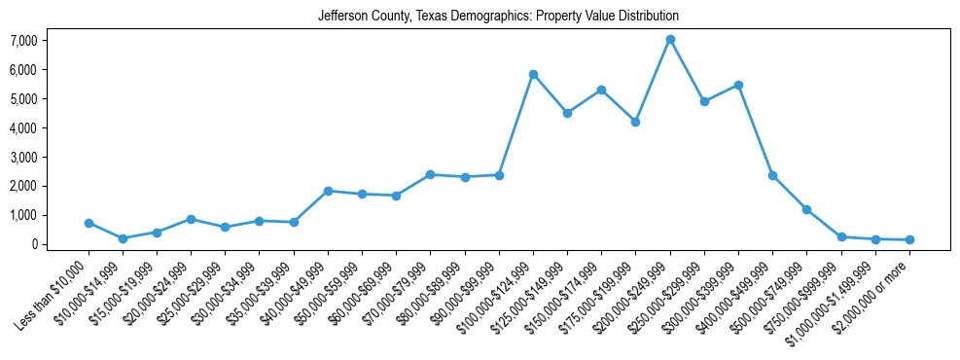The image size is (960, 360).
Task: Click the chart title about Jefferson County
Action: [498, 17]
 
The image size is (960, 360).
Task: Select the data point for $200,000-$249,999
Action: [670, 40]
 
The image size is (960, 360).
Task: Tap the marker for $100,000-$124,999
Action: [533, 75]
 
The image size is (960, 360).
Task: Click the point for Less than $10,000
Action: [89, 223]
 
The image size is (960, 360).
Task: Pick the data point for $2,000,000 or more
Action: [909, 239]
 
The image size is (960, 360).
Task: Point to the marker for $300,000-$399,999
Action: [738, 86]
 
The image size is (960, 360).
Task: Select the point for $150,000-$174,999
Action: [601, 90]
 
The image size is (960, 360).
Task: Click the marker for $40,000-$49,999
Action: [328, 191]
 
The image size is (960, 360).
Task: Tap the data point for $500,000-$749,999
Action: [806, 209]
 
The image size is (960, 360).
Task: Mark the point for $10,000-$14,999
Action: [123, 238]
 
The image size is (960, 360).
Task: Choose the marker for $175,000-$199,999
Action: [635, 123]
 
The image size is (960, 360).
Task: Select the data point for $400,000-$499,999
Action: [772, 176]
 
